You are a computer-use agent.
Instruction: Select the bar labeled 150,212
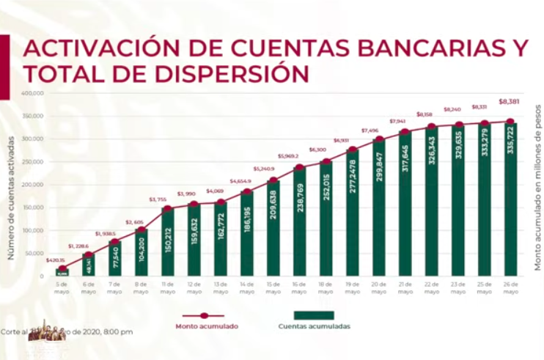[x=168, y=243]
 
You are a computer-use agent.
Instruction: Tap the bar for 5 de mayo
[x=62, y=273]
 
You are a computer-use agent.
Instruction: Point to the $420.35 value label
[x=56, y=260]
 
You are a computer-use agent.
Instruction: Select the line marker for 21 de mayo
[x=405, y=132]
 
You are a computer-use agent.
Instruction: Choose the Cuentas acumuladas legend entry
[x=315, y=326]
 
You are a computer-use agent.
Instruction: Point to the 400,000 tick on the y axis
[x=34, y=93]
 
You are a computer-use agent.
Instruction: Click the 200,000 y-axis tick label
[x=34, y=185]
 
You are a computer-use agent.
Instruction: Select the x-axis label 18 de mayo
[x=326, y=287]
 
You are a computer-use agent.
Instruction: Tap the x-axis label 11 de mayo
[x=168, y=287]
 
